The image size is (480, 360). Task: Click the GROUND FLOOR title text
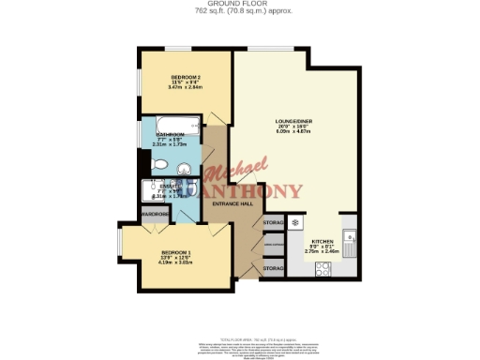point(239,4)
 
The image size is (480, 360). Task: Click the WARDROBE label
point(155,215)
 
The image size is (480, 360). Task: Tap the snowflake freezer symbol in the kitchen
point(296,223)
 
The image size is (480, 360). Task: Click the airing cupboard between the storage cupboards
point(273,246)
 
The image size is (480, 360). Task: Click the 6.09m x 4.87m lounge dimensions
point(292,131)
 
